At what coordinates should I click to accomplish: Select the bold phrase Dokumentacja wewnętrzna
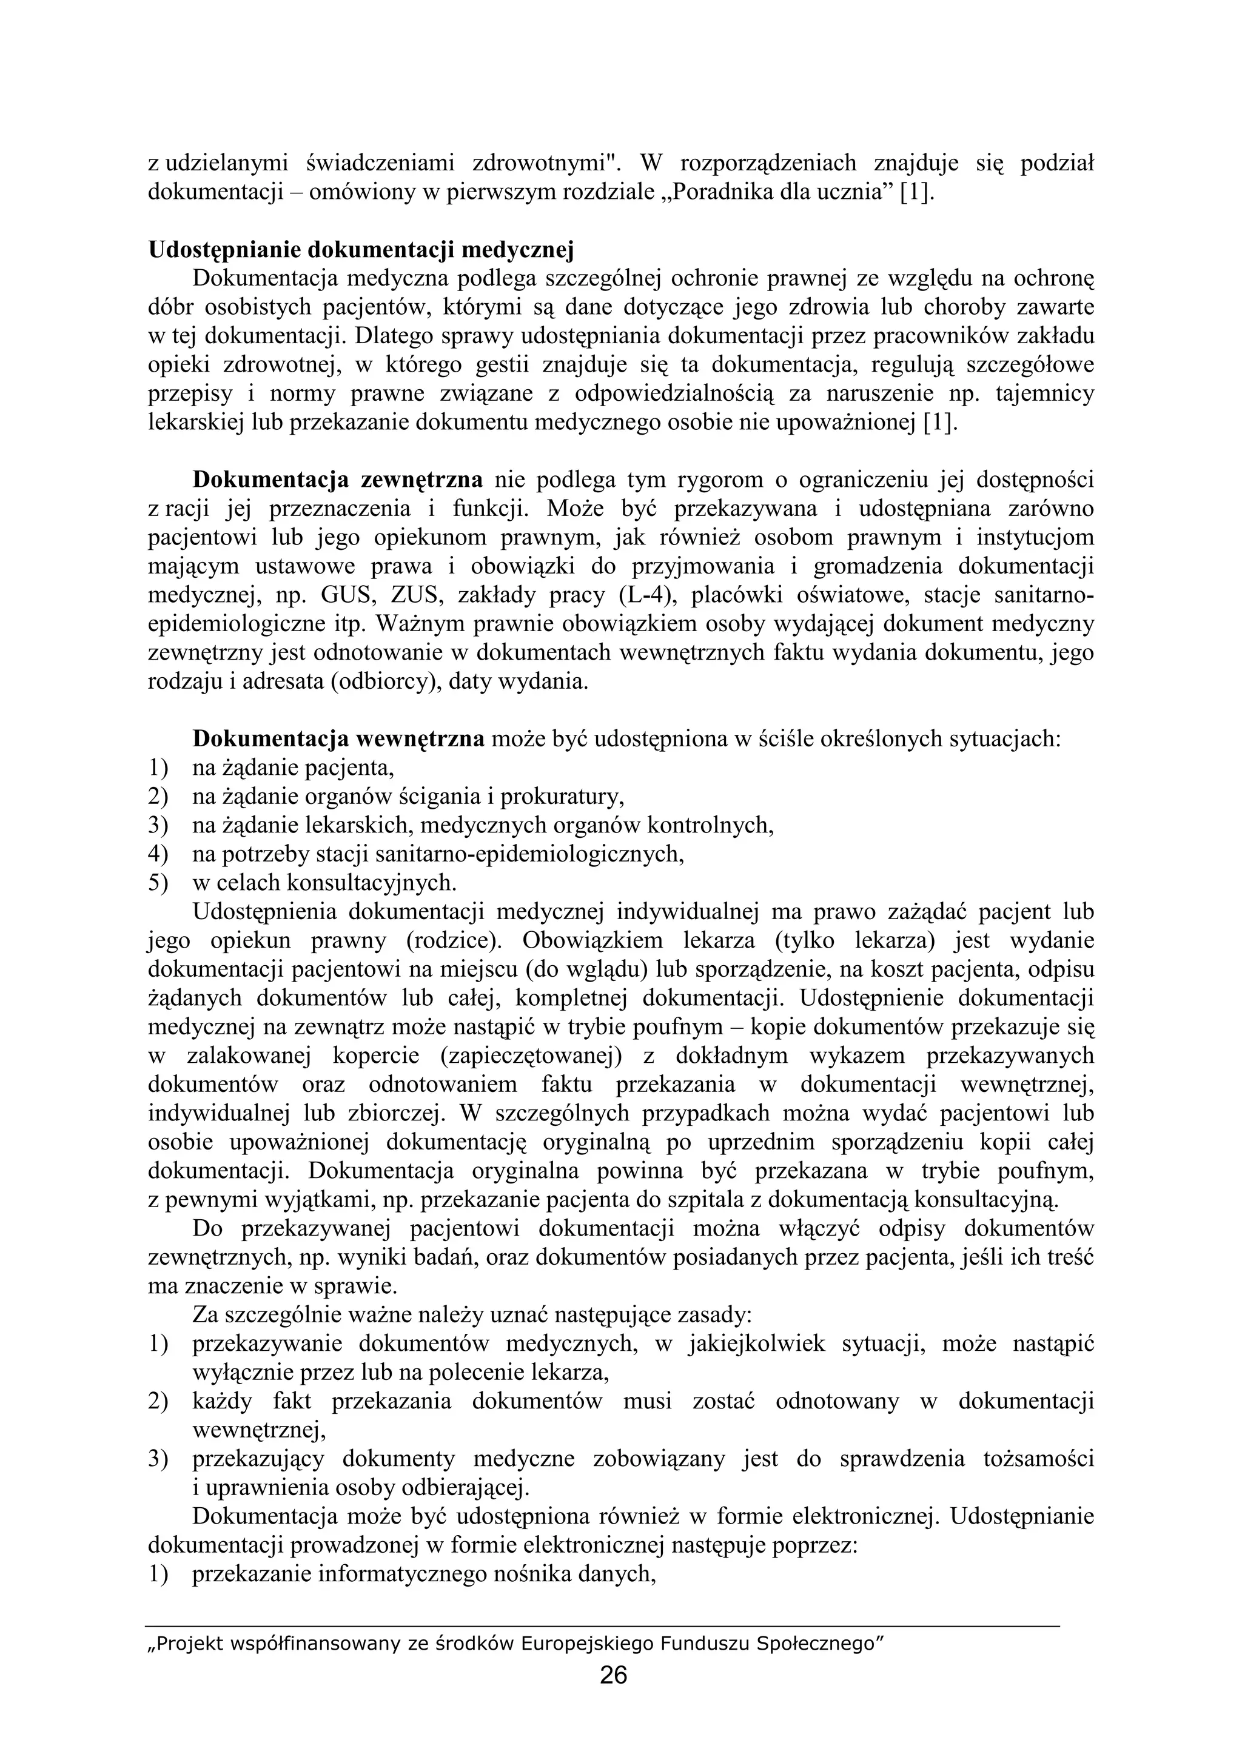point(338,739)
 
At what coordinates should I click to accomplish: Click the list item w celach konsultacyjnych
point(324,883)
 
